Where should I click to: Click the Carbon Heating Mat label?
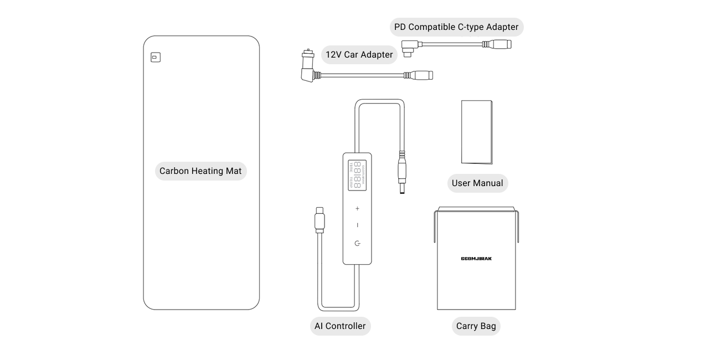tap(200, 171)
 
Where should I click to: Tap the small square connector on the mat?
tap(155, 57)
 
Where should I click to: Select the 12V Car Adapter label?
tap(359, 55)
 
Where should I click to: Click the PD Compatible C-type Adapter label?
tap(456, 27)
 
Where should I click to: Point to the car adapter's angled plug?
tap(308, 70)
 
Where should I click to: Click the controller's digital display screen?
tap(357, 175)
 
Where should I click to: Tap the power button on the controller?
tap(357, 243)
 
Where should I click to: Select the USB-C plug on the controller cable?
tap(320, 219)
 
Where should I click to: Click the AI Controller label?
tap(340, 326)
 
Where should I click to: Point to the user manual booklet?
tap(477, 132)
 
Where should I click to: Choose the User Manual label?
tap(477, 183)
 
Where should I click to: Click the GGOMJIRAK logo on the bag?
tap(476, 259)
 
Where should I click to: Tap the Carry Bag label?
tap(476, 326)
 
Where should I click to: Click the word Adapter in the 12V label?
tap(376, 55)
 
